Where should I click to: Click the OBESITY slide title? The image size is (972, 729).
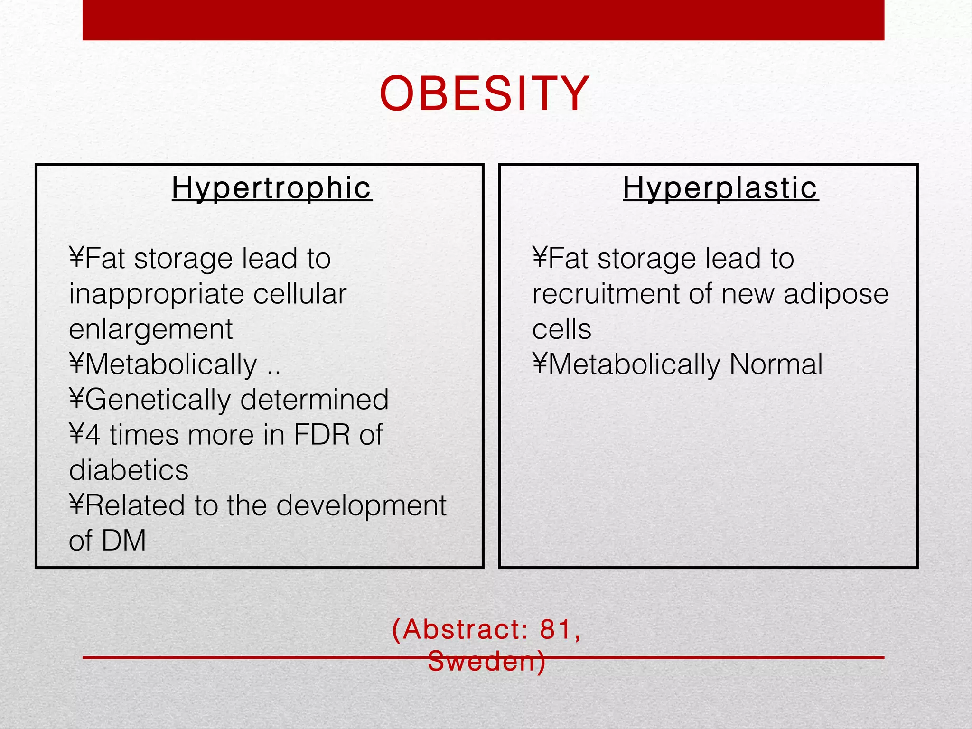pyautogui.click(x=484, y=94)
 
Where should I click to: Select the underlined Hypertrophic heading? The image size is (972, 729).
pyautogui.click(x=272, y=188)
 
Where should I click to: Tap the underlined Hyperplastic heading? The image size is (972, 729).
pyautogui.click(x=720, y=188)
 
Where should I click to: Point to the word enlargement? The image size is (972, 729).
pyautogui.click(x=150, y=329)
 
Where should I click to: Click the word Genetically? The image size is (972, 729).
pyautogui.click(x=158, y=400)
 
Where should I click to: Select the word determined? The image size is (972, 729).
pyautogui.click(x=314, y=400)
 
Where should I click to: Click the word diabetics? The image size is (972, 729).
pyautogui.click(x=129, y=470)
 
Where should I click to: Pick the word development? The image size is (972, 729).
pyautogui.click(x=361, y=505)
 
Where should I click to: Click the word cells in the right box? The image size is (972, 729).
pyautogui.click(x=561, y=329)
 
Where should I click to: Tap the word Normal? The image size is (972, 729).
pyautogui.click(x=776, y=364)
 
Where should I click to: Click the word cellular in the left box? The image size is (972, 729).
pyautogui.click(x=299, y=294)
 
